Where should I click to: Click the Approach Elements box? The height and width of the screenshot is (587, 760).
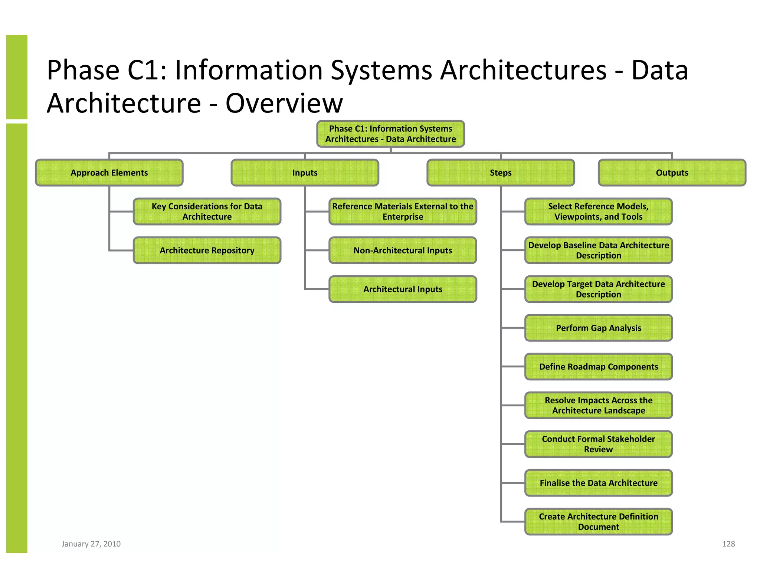[109, 173]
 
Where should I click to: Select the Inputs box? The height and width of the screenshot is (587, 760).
[305, 173]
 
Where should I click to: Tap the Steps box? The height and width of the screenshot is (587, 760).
[501, 173]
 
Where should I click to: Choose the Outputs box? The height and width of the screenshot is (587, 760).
[672, 173]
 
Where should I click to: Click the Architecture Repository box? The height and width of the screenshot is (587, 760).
[207, 250]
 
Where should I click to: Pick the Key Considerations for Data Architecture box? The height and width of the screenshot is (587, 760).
[207, 211]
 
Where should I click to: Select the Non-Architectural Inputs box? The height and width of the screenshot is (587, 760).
[403, 250]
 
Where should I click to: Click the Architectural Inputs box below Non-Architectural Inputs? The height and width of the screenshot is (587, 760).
[403, 289]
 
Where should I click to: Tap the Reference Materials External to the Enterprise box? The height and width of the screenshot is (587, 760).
[403, 211]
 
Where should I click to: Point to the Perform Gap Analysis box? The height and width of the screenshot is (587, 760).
[598, 328]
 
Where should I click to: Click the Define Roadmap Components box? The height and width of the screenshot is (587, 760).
[598, 367]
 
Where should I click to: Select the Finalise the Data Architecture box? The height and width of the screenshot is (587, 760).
[598, 483]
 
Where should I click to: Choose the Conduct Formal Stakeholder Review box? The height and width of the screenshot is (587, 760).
[598, 444]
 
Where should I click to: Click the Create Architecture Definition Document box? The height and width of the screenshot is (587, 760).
[598, 522]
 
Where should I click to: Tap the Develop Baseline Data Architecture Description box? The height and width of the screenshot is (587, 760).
[598, 250]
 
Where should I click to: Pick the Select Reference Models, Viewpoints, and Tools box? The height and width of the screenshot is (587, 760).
[598, 211]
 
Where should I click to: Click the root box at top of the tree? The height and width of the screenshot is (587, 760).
[390, 134]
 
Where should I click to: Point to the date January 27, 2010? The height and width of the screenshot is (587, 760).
[91, 544]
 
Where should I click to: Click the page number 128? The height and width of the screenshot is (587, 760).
[728, 544]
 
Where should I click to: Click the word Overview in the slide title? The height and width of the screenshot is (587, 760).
[284, 103]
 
